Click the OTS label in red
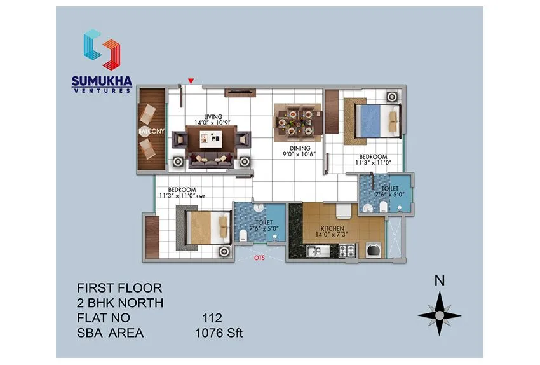coord(259,259)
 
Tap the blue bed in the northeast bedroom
coord(376,118)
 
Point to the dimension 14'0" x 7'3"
coord(332,235)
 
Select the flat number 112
coord(212,317)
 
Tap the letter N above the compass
coord(439,280)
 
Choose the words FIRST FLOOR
coord(119,287)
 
